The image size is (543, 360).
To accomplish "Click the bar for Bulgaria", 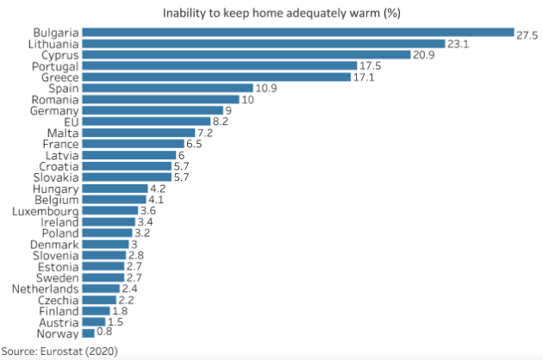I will tap(297, 33).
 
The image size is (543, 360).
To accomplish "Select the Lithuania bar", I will tap(263, 44).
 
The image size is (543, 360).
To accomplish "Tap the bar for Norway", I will tap(89, 332).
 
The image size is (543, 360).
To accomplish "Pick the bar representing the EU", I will tap(147, 121).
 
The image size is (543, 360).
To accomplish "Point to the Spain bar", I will tap(168, 88).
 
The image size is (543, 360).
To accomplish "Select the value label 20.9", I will tap(425, 55).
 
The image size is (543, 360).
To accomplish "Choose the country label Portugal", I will tap(55, 66).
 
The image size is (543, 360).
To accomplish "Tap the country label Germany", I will tap(55, 110).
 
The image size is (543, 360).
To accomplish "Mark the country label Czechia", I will tap(58, 300).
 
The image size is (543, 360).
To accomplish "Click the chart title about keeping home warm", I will tap(281, 13).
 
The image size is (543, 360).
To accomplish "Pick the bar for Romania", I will tap(162, 99).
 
